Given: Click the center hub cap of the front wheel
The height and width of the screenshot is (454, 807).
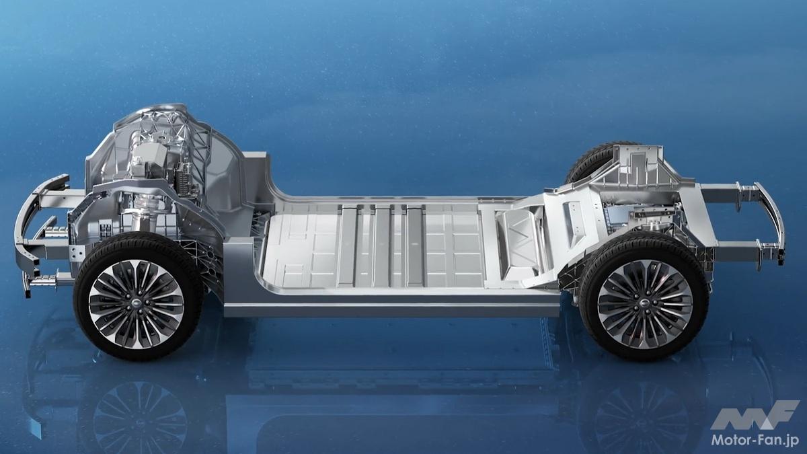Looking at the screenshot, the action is coord(137,304).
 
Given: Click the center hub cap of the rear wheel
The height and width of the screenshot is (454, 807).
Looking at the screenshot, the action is coord(644,305).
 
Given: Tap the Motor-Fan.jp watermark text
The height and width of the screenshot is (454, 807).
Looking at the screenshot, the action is coord(755,440).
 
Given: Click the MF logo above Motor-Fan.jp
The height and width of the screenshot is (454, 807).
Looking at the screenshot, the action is coord(755,415).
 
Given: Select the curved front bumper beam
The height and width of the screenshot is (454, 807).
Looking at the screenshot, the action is coord(27,231).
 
